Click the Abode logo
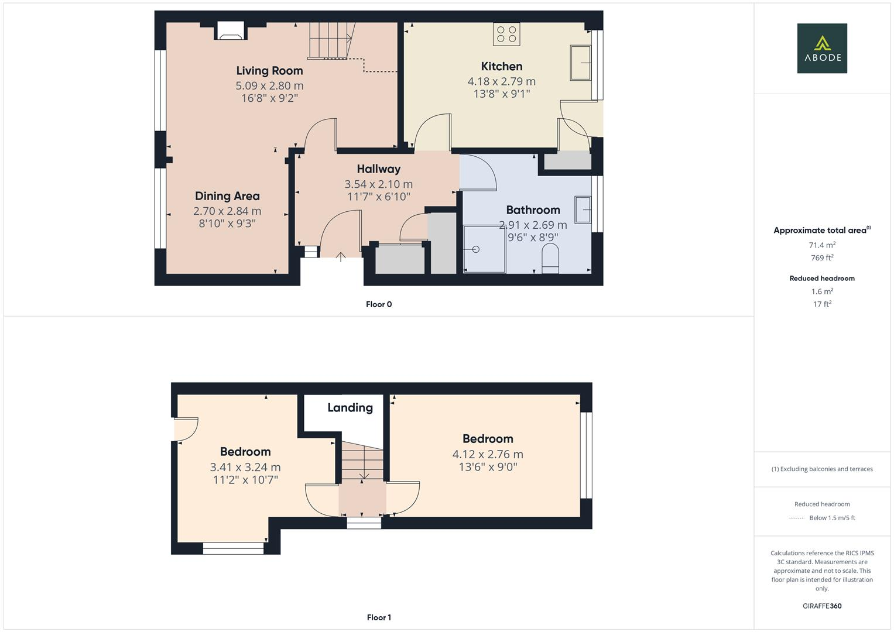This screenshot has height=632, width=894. tap(821, 48)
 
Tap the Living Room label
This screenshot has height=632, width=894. tap(269, 71)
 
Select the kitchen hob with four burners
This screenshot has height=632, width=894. tap(506, 34)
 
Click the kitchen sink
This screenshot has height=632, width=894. tap(581, 62)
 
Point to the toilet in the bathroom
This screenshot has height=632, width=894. tap(550, 258)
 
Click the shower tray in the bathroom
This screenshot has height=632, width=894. tap(484, 249)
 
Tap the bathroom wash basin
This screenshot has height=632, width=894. tap(583, 209)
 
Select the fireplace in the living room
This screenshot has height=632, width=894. tap(230, 30)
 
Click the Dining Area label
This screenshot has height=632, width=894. tap(227, 196)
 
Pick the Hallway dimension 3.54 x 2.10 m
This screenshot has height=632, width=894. tap(378, 184)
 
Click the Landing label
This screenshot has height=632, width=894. tap(350, 408)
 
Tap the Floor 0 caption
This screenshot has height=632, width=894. tap(379, 304)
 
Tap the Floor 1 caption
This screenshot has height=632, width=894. tap(379, 617)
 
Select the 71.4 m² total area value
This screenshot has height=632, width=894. tap(822, 245)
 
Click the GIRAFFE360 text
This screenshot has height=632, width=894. tap(822, 606)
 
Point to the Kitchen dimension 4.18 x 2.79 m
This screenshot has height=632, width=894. tap(501, 81)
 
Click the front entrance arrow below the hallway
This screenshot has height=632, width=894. tap(341, 257)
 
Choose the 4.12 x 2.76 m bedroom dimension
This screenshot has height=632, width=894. tap(488, 454)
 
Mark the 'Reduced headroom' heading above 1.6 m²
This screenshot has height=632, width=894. tap(822, 279)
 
